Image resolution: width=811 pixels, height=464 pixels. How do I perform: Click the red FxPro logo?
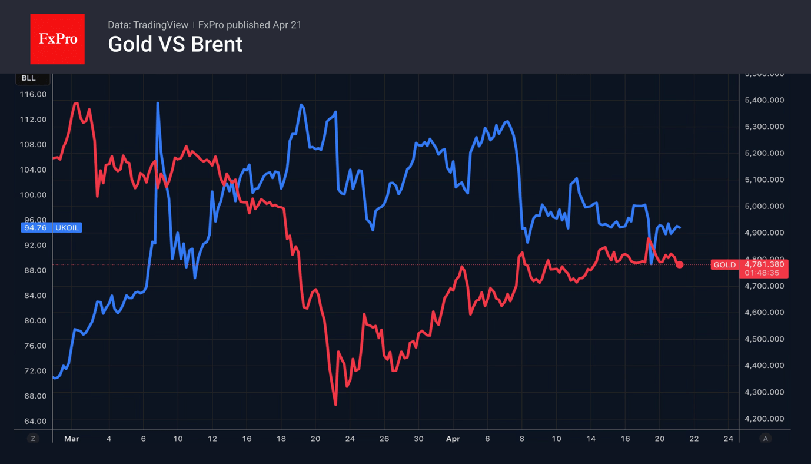pyautogui.click(x=57, y=39)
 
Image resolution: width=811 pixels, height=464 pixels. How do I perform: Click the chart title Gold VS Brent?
pyautogui.click(x=175, y=45)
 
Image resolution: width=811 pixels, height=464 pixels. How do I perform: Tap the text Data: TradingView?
pyautogui.click(x=148, y=25)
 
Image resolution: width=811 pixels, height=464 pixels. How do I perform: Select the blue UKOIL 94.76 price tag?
pyautogui.click(x=51, y=228)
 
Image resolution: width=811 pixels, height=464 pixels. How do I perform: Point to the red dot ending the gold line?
pyautogui.click(x=680, y=264)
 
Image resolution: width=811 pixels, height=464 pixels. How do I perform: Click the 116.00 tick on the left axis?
pyautogui.click(x=33, y=94)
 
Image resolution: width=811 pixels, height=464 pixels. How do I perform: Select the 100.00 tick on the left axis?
pyautogui.click(x=33, y=195)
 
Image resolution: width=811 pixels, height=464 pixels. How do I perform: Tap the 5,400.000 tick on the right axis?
pyautogui.click(x=764, y=100)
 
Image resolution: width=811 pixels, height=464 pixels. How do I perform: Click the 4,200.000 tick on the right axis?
pyautogui.click(x=764, y=419)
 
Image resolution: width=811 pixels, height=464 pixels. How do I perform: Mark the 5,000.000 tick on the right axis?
pyautogui.click(x=764, y=206)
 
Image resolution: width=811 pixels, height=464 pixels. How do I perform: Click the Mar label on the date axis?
pyautogui.click(x=71, y=439)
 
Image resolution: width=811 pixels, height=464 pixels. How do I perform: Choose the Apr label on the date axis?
pyautogui.click(x=453, y=439)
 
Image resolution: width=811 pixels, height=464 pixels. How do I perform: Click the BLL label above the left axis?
pyautogui.click(x=28, y=78)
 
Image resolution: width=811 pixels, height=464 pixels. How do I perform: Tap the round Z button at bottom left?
pyautogui.click(x=33, y=439)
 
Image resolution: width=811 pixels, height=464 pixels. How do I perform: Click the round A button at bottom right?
pyautogui.click(x=765, y=439)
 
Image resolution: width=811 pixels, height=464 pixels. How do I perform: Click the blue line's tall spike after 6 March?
pyautogui.click(x=158, y=104)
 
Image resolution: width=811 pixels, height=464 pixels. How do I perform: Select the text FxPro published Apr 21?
pyautogui.click(x=250, y=25)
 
